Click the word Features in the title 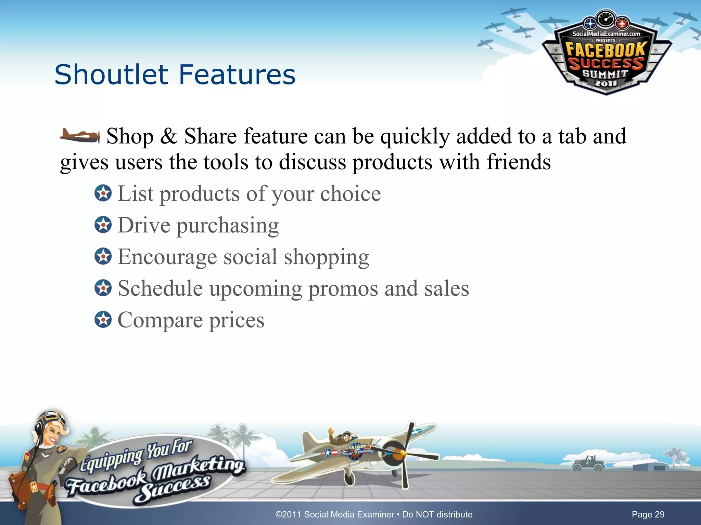point(237,75)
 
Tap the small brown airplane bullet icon point(79,136)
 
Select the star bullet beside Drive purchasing point(103,225)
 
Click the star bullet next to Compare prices point(103,320)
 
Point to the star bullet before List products point(103,193)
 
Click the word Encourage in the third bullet point(167,257)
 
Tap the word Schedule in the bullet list point(160,288)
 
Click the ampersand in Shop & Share point(168,136)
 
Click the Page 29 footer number point(648,514)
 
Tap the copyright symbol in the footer point(278,514)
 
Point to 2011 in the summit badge point(606,83)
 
